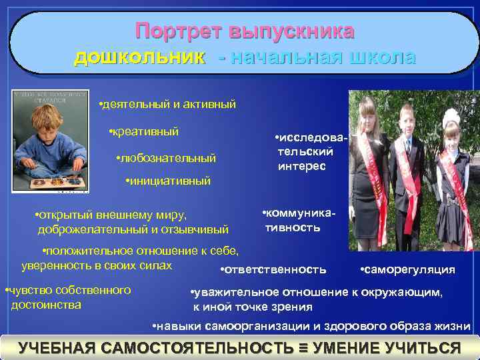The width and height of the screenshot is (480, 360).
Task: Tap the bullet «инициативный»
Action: [x=168, y=181]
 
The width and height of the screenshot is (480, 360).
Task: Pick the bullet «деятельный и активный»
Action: [x=167, y=105]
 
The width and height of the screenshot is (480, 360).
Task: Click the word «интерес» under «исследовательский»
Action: [x=301, y=165]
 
